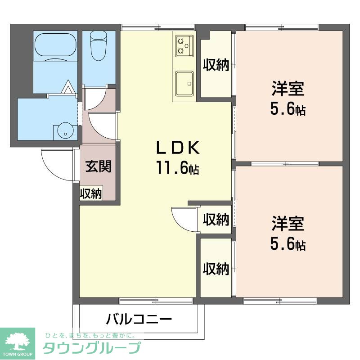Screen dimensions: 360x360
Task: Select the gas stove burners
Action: click(x=184, y=45)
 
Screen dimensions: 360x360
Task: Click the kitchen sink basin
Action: click(x=184, y=83)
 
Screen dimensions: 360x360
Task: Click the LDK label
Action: click(x=177, y=148)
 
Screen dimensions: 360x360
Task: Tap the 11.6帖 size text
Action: click(x=177, y=169)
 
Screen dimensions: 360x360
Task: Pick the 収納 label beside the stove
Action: click(x=216, y=65)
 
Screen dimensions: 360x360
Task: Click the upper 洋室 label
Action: click(x=288, y=89)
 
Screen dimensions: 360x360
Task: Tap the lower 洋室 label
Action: click(x=288, y=224)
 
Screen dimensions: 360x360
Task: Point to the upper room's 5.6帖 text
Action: click(x=288, y=109)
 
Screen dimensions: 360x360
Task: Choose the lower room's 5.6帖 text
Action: click(x=288, y=244)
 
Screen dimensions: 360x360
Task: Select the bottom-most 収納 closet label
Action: click(x=216, y=269)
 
